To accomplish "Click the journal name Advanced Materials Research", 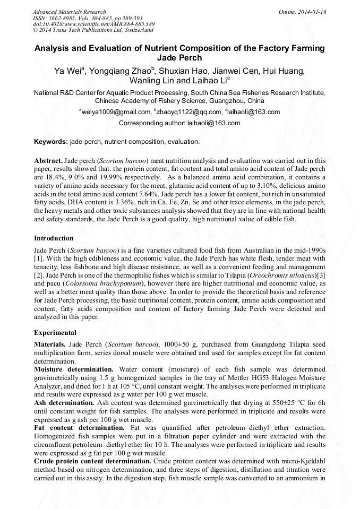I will click(69, 12).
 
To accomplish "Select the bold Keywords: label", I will click(51, 142).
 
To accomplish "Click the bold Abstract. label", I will click(49, 160).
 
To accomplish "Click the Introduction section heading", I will click(54, 238).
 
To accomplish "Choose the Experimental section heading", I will click(55, 333).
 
